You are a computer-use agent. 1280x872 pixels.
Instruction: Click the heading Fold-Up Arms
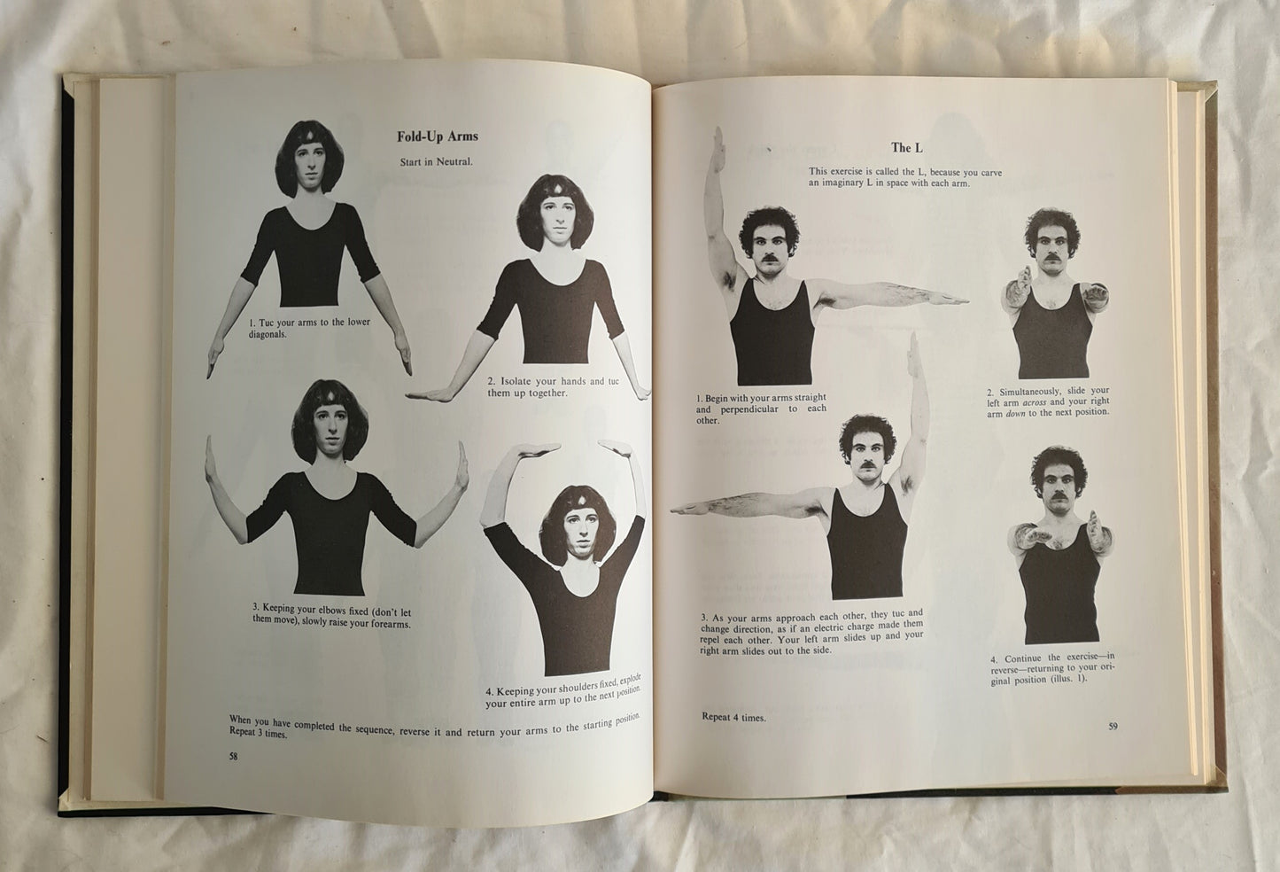(438, 136)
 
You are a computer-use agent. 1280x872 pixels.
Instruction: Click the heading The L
(907, 147)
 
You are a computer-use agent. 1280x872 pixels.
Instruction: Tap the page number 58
(233, 757)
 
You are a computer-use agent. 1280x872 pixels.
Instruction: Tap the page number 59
(1113, 726)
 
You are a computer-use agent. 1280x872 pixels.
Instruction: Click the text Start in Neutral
(437, 162)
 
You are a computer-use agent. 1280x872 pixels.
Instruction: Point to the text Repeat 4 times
(733, 717)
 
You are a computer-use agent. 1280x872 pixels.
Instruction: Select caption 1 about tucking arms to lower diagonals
(309, 328)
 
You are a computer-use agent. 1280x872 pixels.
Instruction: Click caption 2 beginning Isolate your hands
(553, 387)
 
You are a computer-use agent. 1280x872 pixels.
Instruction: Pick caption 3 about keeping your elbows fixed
(332, 616)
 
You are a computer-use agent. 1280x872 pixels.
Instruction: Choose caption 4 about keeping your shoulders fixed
(563, 691)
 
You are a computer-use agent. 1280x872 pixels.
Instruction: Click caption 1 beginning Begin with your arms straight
(761, 409)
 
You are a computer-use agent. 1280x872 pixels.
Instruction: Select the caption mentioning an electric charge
(811, 632)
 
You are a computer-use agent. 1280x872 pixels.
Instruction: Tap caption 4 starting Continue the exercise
(1052, 668)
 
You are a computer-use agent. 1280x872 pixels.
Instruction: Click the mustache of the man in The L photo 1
(769, 258)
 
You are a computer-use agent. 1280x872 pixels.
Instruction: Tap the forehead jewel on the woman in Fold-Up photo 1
(311, 136)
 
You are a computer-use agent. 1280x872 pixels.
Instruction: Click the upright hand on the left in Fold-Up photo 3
(210, 458)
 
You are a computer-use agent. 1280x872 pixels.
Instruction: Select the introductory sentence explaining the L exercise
(905, 177)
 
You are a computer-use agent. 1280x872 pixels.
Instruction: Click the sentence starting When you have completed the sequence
(434, 727)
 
